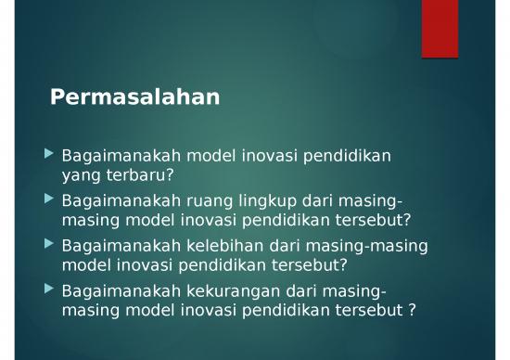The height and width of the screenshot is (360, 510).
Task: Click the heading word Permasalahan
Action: (134, 96)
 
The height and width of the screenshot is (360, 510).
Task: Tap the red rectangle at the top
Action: (440, 29)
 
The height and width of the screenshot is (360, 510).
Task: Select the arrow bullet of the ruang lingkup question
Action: (49, 199)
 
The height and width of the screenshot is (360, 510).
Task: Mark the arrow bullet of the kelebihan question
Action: (49, 244)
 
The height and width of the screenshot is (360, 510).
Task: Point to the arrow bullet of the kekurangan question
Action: (49, 289)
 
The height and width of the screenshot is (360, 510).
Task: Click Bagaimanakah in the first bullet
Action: (112, 156)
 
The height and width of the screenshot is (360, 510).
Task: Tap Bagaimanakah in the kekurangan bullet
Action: (112, 292)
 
